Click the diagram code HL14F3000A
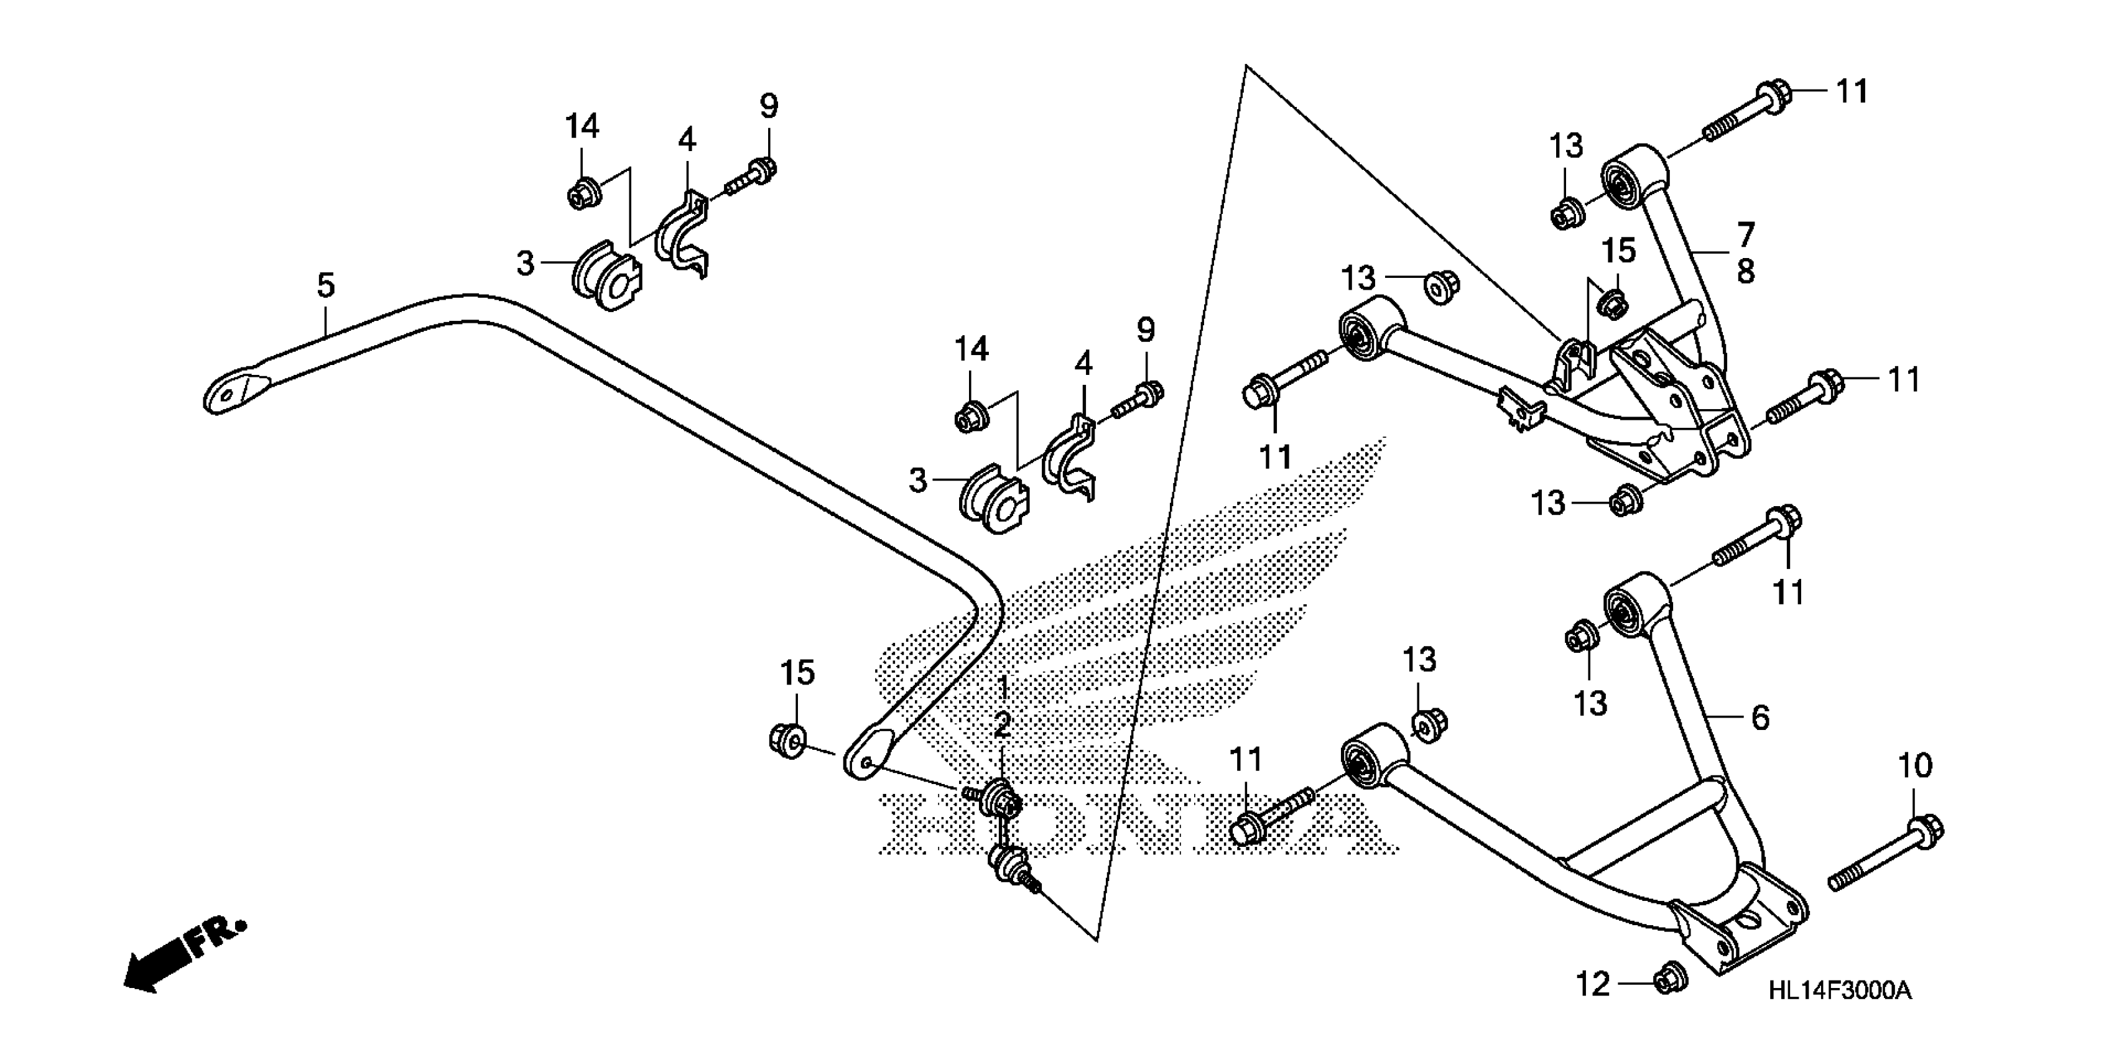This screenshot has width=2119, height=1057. point(1839,990)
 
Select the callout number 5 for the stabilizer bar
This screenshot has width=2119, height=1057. point(326,285)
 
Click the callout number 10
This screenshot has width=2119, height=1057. point(1914,766)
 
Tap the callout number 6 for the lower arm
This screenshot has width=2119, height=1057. point(1760,718)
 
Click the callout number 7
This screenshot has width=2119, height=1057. point(1746,234)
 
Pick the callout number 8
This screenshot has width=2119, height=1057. point(1746,270)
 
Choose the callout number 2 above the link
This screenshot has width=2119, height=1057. point(1002,726)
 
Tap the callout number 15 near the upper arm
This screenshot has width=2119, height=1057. point(1619,252)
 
